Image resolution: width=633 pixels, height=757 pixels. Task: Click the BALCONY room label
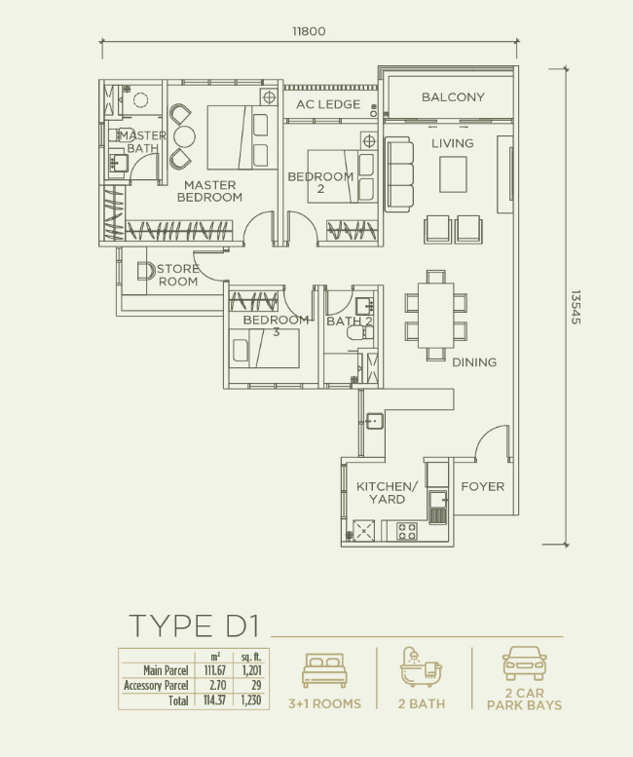tap(452, 97)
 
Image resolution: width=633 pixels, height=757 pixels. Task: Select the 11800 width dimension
tap(309, 31)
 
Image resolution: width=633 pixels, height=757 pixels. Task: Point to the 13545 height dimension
tap(576, 307)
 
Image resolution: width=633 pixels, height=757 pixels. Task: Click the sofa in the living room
tap(398, 173)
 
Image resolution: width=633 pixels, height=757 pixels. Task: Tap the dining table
tap(435, 315)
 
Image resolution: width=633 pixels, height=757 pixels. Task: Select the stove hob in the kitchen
tap(406, 532)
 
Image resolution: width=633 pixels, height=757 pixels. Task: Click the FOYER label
tap(482, 486)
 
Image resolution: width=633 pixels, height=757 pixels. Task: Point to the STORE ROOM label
tap(178, 276)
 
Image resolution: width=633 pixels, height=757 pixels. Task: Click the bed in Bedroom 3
tap(265, 348)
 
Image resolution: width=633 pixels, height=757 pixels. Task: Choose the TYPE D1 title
tap(195, 625)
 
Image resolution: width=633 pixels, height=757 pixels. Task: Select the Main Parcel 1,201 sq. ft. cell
tap(250, 670)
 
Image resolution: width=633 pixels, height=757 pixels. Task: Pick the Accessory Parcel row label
tap(156, 685)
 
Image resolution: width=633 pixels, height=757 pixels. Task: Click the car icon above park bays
tap(524, 664)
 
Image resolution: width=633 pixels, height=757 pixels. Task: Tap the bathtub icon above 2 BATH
tap(421, 667)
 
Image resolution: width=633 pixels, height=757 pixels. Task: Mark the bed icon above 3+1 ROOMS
tap(324, 671)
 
